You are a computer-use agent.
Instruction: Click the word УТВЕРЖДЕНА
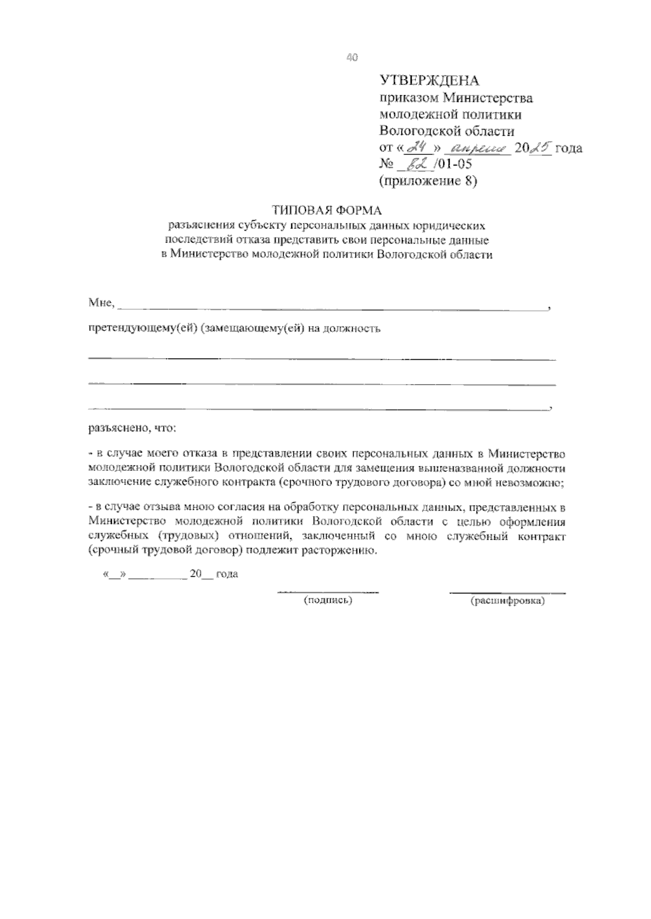429,81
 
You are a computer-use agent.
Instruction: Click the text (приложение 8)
427,181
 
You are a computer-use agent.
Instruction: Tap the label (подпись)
328,600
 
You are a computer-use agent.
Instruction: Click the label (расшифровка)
508,601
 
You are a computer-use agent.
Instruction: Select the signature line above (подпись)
328,592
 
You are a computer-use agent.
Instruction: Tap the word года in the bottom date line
227,574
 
